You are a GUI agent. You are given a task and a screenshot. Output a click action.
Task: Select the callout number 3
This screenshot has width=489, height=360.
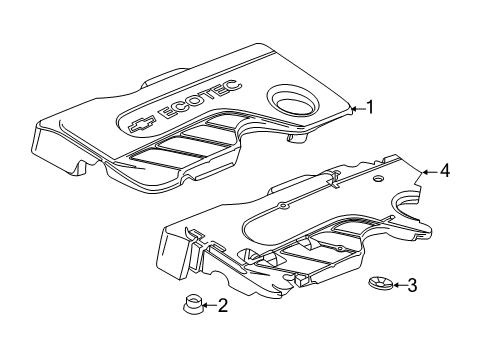click(411, 285)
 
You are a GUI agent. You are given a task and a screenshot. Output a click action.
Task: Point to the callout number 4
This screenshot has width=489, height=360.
click(444, 171)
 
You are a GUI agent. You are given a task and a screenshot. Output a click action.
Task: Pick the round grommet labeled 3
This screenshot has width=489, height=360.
click(379, 284)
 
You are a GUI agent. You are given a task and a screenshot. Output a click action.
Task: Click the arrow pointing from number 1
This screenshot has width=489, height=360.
click(357, 107)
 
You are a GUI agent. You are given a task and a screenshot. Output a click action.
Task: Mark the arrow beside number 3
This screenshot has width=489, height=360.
click(397, 285)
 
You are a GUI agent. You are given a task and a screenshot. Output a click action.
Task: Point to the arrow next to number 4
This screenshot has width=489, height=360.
click(430, 171)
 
